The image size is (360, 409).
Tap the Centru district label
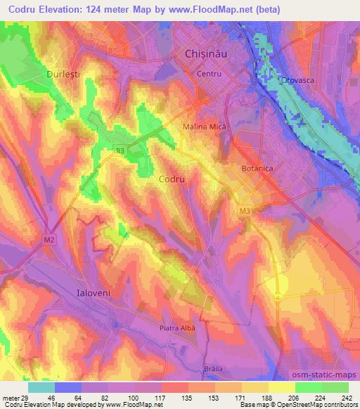click(210, 74)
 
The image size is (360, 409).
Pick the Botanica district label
click(257, 169)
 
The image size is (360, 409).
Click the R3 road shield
click(120, 150)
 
